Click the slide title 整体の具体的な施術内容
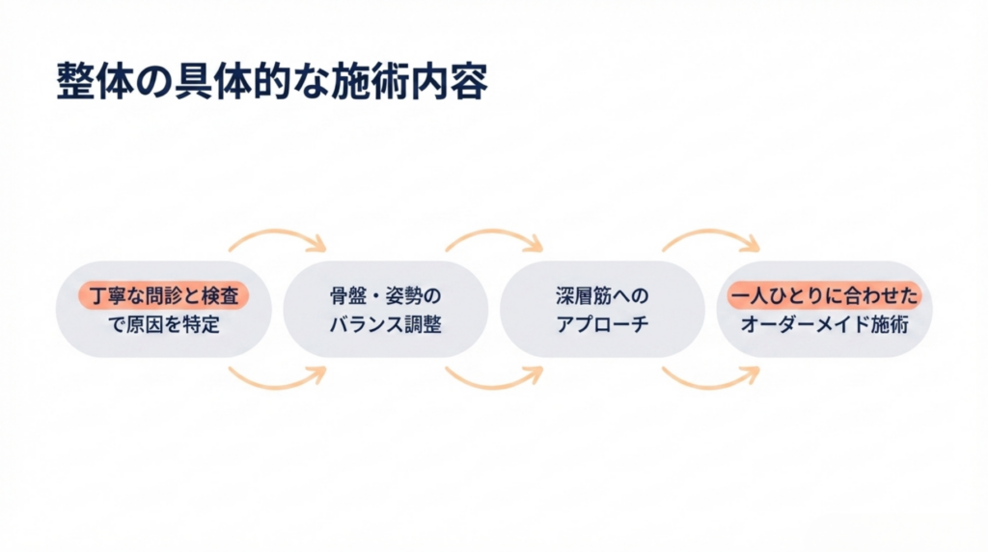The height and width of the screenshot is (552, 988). [x=272, y=83]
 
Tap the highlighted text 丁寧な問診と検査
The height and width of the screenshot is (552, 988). [x=163, y=294]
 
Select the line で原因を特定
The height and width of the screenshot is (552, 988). [x=163, y=324]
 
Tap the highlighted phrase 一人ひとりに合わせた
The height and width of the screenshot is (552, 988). [x=824, y=294]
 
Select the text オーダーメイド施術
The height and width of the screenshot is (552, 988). [x=824, y=324]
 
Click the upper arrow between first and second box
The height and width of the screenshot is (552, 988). [x=277, y=237]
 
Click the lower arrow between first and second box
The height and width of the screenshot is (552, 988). [x=277, y=379]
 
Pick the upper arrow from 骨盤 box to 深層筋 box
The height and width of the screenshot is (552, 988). [x=494, y=237]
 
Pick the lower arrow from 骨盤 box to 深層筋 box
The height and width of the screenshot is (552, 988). [x=494, y=379]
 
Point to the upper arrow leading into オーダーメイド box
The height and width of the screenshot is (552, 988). [x=711, y=237]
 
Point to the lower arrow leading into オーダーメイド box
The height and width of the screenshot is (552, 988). [x=711, y=379]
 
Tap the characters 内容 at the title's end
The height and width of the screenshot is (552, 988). [x=457, y=83]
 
